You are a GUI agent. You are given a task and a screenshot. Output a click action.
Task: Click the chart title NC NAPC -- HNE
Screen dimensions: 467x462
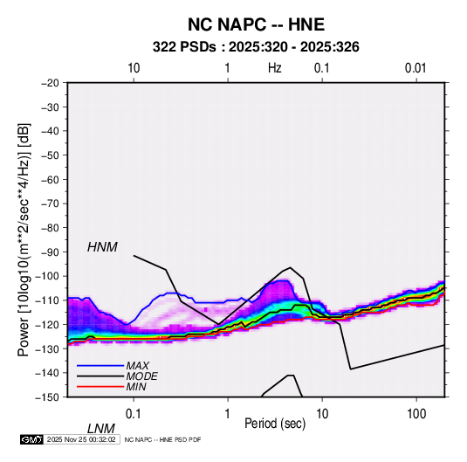pos(256,24)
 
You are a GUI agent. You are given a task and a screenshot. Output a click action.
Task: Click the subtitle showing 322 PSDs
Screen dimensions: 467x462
pos(256,47)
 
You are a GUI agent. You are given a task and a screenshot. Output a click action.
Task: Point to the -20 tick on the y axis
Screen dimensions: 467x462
pos(50,83)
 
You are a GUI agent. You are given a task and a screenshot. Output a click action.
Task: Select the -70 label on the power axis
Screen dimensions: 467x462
pos(50,203)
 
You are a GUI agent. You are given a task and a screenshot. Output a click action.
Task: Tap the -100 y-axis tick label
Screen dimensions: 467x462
pos(48,276)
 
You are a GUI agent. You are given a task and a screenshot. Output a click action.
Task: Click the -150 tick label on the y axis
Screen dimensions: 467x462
pos(48,397)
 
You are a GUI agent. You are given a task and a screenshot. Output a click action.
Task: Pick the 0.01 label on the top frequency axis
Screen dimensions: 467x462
pos(415,68)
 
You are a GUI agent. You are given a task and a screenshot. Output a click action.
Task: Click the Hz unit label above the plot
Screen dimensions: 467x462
pos(275,68)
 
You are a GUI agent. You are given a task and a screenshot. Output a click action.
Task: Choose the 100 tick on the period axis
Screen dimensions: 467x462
pos(416,414)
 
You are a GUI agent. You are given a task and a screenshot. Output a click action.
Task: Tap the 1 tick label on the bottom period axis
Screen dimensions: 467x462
pos(228,414)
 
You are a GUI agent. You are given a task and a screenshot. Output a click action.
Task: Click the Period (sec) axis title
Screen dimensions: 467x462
pos(275,424)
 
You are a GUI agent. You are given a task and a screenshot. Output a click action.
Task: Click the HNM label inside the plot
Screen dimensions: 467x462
pos(102,247)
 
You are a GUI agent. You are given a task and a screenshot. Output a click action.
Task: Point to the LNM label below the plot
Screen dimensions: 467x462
pos(100,429)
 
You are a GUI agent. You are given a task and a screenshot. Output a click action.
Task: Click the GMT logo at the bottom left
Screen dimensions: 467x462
pos(32,439)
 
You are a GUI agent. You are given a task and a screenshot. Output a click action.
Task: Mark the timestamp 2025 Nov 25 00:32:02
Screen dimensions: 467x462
pos(81,439)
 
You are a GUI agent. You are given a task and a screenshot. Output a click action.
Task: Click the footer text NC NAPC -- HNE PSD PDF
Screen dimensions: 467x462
pos(162,439)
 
